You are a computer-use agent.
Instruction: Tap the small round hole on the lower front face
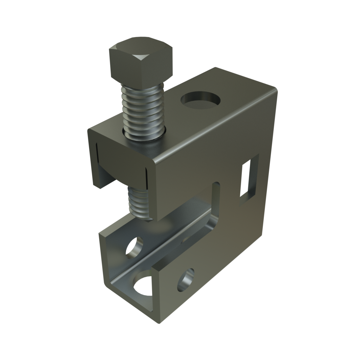tap(186, 280)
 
